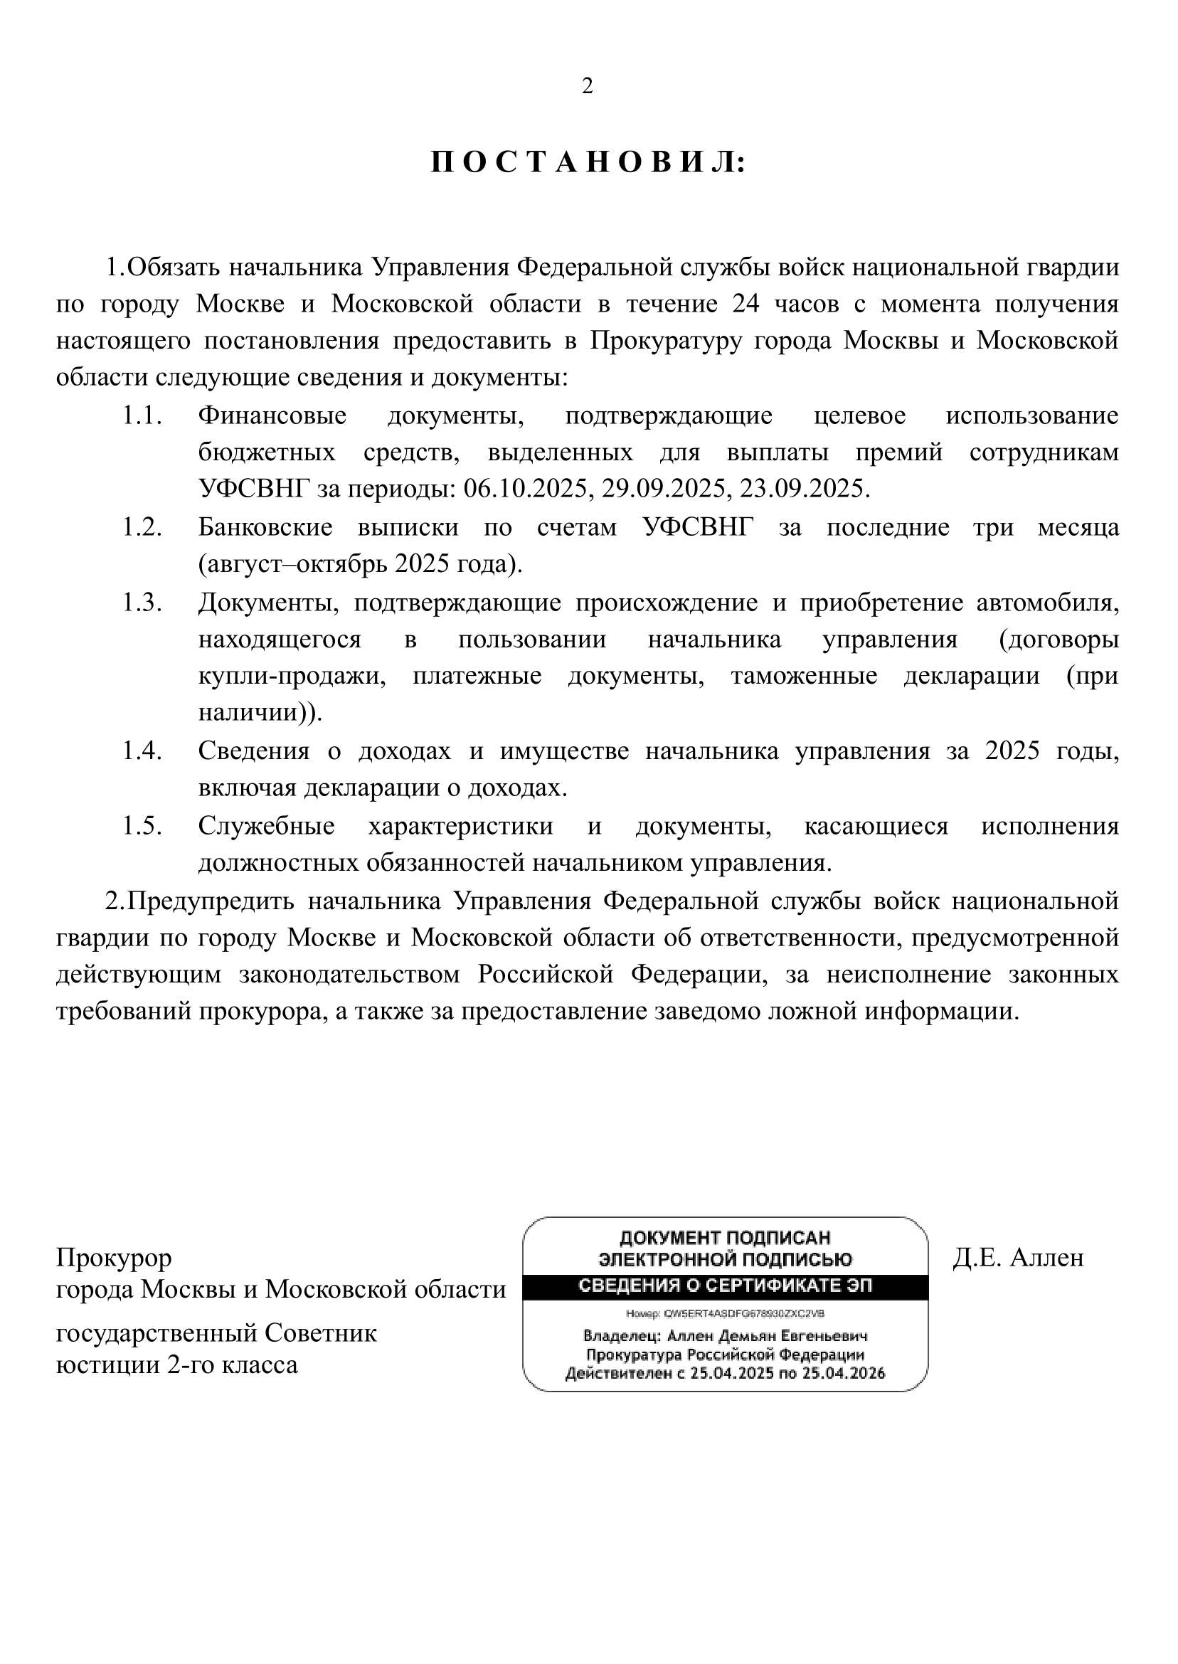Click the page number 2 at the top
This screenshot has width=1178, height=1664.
[x=588, y=86]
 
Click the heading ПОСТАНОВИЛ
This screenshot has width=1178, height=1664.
[x=588, y=163]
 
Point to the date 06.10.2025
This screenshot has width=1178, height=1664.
[x=525, y=489]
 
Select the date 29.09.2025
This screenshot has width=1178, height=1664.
[x=664, y=489]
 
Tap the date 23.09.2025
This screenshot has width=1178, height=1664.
[x=802, y=489]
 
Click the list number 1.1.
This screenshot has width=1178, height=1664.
[x=142, y=415]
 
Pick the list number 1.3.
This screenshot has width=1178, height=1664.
[x=142, y=603]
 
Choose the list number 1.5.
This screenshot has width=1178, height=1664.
[x=142, y=827]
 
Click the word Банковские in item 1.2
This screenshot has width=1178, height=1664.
[x=265, y=527]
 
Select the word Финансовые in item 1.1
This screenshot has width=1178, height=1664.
[x=272, y=415]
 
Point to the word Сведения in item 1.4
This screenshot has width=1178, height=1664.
[x=253, y=751]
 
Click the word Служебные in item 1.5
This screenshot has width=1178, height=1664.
[x=266, y=827]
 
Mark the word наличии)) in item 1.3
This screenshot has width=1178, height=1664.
[x=260, y=713]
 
